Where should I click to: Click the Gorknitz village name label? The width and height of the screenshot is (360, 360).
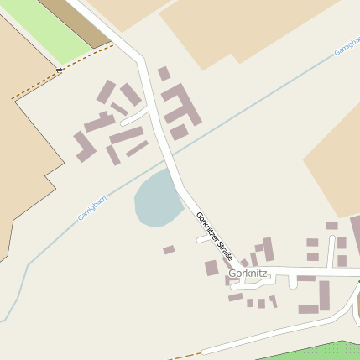248,274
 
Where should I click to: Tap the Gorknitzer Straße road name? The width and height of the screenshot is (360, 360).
214,235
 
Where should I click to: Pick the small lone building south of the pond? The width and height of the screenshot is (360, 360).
169,249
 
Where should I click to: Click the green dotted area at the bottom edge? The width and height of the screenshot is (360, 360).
310,351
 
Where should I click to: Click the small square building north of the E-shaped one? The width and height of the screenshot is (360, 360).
164,74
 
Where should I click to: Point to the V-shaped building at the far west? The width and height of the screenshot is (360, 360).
84,146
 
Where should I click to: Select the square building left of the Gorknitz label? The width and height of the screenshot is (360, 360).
211,269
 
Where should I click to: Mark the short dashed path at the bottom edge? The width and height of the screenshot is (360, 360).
185,355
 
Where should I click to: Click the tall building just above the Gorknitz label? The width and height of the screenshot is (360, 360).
268,249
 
